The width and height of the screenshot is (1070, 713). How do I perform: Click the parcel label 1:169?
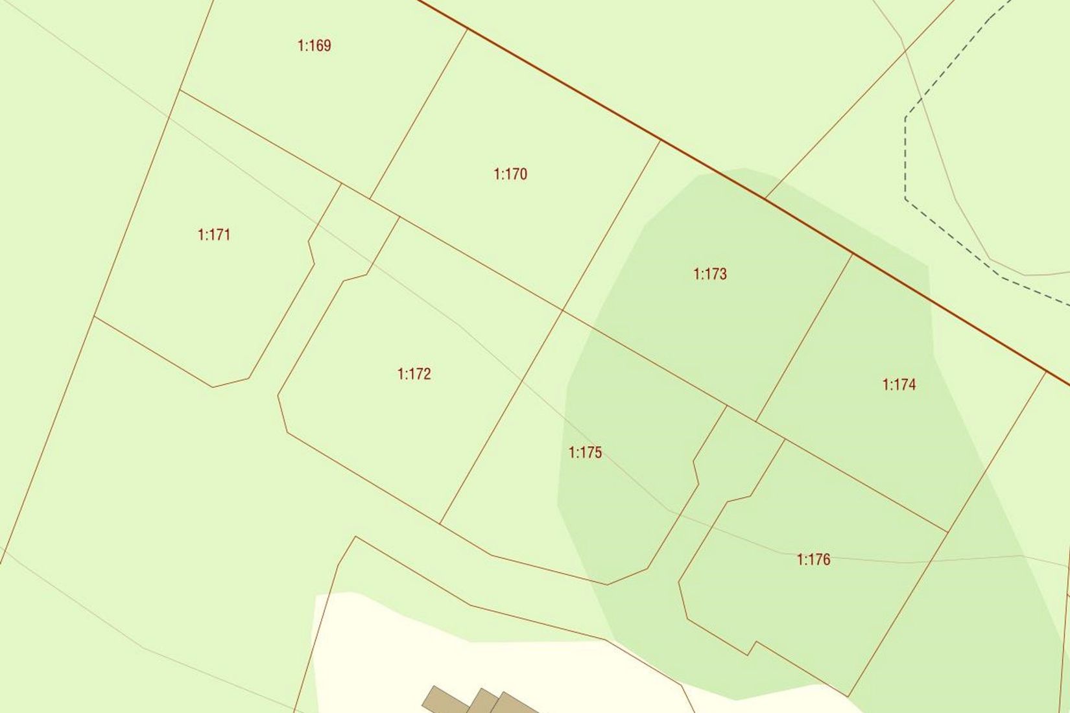(x=315, y=45)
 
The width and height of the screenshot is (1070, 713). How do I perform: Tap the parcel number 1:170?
(x=510, y=174)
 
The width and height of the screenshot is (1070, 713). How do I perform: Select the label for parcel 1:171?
(x=214, y=235)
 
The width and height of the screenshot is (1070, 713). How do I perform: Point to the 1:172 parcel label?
(x=414, y=374)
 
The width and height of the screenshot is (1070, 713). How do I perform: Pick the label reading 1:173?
(x=710, y=274)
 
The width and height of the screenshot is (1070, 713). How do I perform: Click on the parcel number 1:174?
(x=899, y=384)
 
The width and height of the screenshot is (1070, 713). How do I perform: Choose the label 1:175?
(x=585, y=452)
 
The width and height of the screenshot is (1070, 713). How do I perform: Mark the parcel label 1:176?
(x=813, y=559)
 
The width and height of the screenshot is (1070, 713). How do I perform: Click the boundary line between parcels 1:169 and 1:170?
(x=418, y=113)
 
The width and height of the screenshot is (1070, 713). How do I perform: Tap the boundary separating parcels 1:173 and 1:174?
(x=804, y=337)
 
